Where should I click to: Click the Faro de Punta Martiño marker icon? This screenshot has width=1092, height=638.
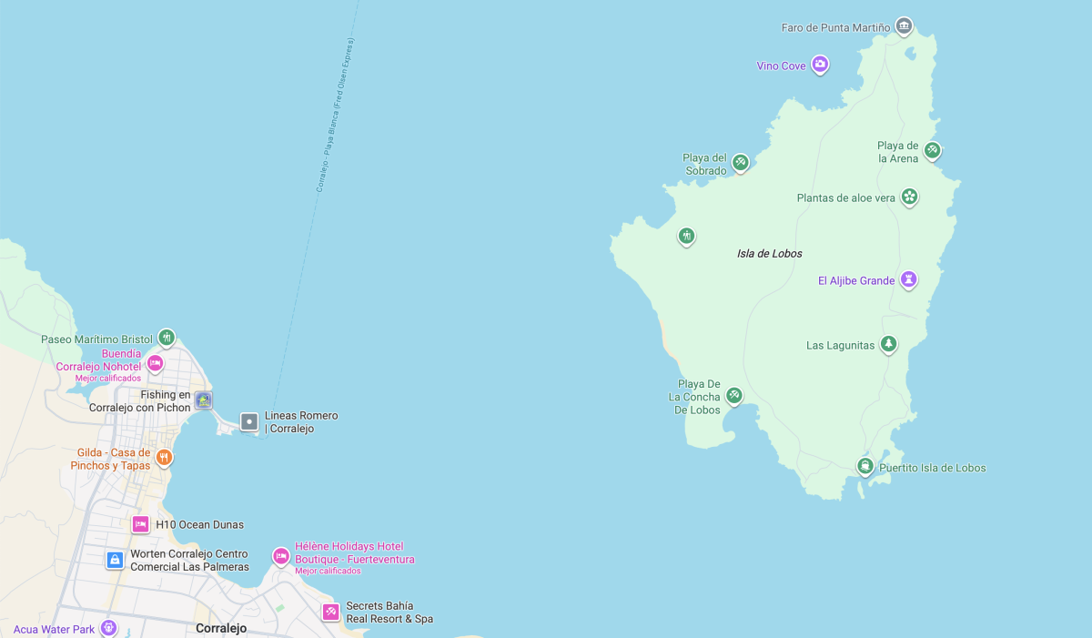tap(903, 25)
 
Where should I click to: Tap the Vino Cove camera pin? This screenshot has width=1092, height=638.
tap(820, 64)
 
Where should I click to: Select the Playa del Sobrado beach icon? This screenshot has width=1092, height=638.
tap(741, 162)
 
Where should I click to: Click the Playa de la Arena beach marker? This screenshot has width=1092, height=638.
tap(932, 149)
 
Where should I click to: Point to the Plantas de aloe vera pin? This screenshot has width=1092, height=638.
tap(909, 196)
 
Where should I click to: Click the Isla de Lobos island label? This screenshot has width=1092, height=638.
tap(770, 254)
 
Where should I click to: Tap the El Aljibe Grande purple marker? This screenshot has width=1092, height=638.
tap(908, 278)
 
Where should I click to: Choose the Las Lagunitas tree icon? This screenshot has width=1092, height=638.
tap(889, 343)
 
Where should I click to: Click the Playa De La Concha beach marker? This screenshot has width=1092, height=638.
tap(734, 394)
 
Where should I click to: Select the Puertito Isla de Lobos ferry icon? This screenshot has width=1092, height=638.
tap(865, 466)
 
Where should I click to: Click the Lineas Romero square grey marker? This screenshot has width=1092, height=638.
tap(249, 421)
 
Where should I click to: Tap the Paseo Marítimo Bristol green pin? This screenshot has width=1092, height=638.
tap(166, 337)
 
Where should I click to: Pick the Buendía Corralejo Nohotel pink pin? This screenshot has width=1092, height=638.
tap(155, 362)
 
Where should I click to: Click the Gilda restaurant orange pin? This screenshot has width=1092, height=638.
tap(164, 456)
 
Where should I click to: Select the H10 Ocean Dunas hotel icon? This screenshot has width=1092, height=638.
tap(140, 524)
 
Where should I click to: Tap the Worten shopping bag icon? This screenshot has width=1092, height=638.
tap(115, 560)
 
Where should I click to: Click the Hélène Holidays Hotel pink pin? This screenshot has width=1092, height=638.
tap(281, 554)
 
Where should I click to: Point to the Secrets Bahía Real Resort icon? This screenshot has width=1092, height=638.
tap(330, 612)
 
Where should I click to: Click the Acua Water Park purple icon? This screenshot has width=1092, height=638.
tap(108, 627)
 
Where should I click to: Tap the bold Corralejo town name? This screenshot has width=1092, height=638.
tap(221, 628)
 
